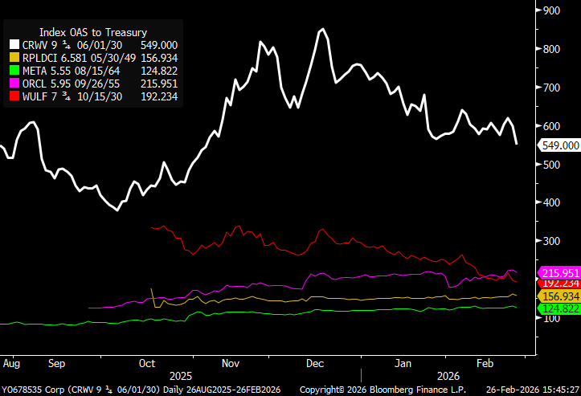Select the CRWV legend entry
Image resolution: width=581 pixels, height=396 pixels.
[x=92, y=46]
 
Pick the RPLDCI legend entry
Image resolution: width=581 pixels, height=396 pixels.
[x=92, y=59]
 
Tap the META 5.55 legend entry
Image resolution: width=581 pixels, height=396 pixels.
[x=92, y=71]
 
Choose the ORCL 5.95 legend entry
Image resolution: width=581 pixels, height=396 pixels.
[x=92, y=84]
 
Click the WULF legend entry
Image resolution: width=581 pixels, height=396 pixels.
[x=92, y=97]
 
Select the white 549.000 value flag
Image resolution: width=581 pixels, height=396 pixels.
[x=560, y=145]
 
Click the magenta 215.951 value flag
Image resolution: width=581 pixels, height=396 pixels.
[x=560, y=273]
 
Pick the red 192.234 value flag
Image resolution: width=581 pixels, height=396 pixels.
[x=560, y=283]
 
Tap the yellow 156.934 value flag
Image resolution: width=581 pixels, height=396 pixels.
[x=560, y=296]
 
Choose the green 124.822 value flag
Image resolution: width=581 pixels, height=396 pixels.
[x=560, y=308]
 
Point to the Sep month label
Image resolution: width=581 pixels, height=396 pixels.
[x=55, y=363]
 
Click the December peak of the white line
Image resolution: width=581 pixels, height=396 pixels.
[x=322, y=30]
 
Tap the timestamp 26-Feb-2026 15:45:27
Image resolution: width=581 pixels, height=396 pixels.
[x=533, y=390]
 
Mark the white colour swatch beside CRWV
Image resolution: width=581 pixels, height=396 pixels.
[x=14, y=46]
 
